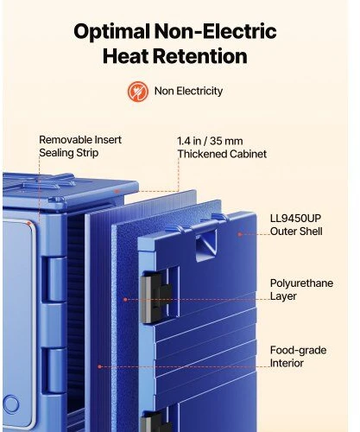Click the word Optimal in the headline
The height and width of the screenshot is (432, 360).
pyautogui.click(x=111, y=32)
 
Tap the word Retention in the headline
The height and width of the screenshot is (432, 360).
pyautogui.click(x=200, y=56)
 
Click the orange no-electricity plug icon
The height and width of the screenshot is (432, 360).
pyautogui.click(x=138, y=92)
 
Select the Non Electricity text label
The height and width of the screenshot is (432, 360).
pyautogui.click(x=188, y=91)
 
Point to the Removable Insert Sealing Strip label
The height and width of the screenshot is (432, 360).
pyautogui.click(x=80, y=146)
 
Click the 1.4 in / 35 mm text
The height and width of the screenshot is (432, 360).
pyautogui.click(x=210, y=141)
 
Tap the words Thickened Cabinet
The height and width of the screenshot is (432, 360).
pyautogui.click(x=222, y=154)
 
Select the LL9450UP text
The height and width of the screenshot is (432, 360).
pyautogui.click(x=295, y=219)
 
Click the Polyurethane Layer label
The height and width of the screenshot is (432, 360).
pyautogui.click(x=301, y=289)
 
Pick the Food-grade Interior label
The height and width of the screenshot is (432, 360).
pyautogui.click(x=298, y=357)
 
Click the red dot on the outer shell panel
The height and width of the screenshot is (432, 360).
pyautogui.click(x=240, y=234)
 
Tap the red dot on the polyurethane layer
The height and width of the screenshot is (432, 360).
pyautogui.click(x=125, y=300)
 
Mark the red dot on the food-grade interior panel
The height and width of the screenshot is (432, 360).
pyautogui.click(x=100, y=366)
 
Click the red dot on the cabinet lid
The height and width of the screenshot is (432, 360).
pyautogui.click(x=117, y=191)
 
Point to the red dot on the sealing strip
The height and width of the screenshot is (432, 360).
pyautogui.click(x=28, y=223)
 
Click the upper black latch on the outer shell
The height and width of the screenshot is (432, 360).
pyautogui.click(x=155, y=296)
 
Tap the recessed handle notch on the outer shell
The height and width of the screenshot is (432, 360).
pyautogui.click(x=206, y=245)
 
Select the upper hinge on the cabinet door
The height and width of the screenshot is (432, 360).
pyautogui.click(x=54, y=279)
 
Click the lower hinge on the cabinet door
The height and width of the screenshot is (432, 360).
pyautogui.click(x=54, y=371)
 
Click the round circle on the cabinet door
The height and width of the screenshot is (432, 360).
pyautogui.click(x=11, y=403)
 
